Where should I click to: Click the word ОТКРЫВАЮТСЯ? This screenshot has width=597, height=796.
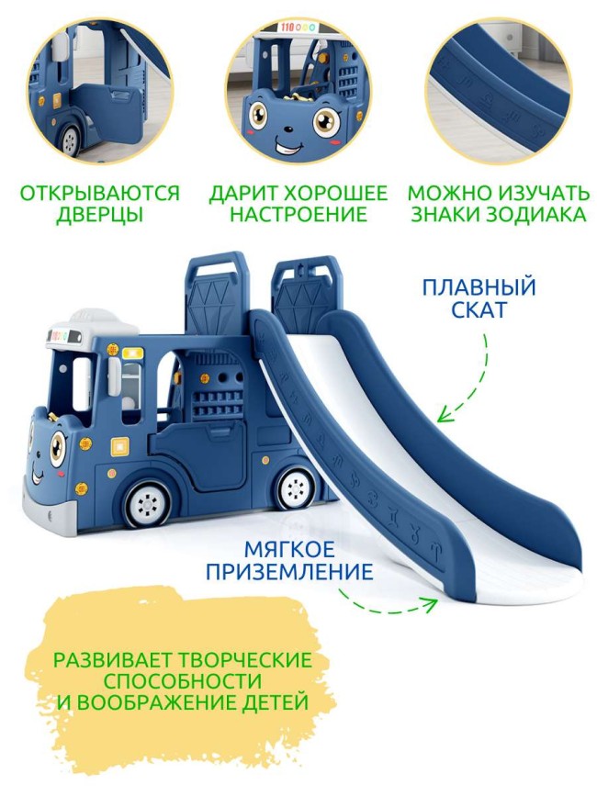coord(100,194)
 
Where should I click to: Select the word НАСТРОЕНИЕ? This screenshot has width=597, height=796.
coord(298,216)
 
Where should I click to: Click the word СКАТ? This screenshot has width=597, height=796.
coord(479,309)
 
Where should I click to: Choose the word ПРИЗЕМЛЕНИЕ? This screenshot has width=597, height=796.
coord(308,573)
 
